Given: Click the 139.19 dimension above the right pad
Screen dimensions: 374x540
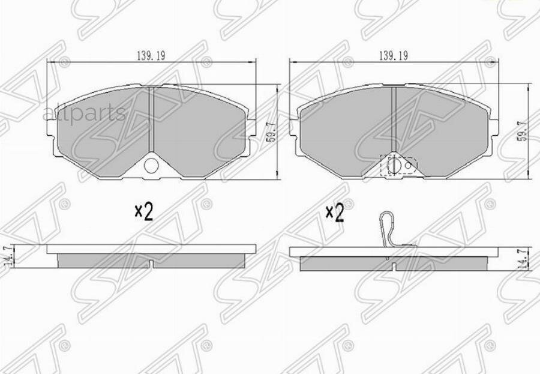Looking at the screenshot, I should [x=394, y=55].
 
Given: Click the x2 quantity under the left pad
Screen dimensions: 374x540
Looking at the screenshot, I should [x=143, y=211].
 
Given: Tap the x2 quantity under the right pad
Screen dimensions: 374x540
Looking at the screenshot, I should [x=334, y=213].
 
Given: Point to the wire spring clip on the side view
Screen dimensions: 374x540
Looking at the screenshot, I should [x=387, y=229].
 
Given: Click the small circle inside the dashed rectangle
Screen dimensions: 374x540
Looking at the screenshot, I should [x=408, y=163].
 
